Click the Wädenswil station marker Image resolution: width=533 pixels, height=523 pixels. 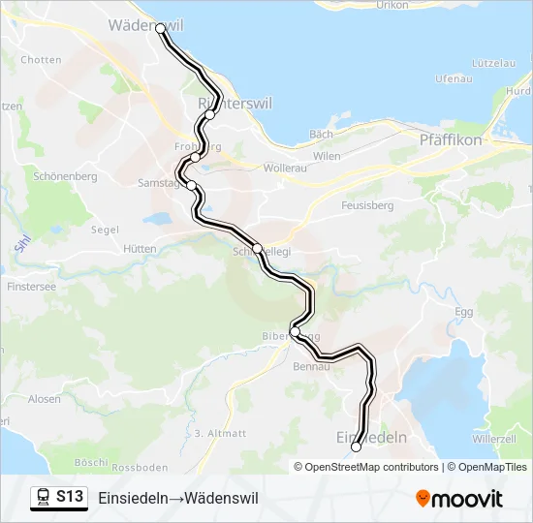coord(161,29)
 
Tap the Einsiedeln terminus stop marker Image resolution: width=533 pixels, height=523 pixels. coord(357,446)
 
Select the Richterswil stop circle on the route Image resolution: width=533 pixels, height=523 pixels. coord(209,114)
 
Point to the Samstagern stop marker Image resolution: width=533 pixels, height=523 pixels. coord(191,185)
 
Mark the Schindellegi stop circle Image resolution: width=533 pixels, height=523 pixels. coord(257,249)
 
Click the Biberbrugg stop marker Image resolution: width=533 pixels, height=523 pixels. coord(295,332)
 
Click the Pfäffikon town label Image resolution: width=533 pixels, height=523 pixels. coord(452,140)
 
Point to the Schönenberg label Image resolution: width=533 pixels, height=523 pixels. coord(65,177)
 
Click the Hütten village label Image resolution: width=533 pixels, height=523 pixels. coord(140,249)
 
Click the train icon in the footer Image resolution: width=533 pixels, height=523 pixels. coord(44,498)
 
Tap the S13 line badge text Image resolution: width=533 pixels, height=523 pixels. coord(69,498)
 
